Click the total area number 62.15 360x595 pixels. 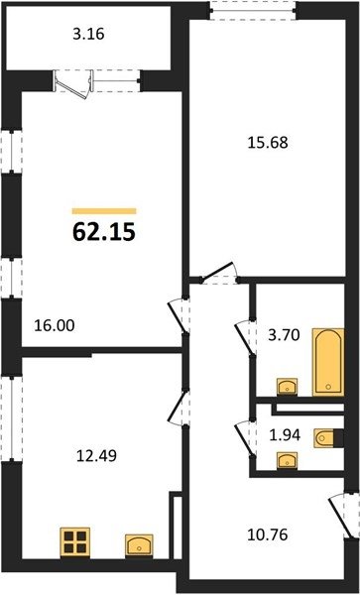[x=104, y=233]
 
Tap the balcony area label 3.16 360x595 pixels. [x=88, y=35]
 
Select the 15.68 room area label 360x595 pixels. [x=268, y=143]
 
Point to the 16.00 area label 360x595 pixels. [x=55, y=325]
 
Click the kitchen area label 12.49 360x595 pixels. [x=96, y=455]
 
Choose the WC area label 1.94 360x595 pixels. [x=285, y=435]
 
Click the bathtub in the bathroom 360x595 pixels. [x=328, y=362]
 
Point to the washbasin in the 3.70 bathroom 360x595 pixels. [x=288, y=387]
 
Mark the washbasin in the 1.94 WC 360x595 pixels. [x=288, y=461]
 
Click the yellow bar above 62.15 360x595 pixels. [x=104, y=211]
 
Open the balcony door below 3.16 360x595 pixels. [x=72, y=85]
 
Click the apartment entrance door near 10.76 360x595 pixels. [x=340, y=514]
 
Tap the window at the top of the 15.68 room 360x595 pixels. [x=253, y=10]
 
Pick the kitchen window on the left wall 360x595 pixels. [x=11, y=418]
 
